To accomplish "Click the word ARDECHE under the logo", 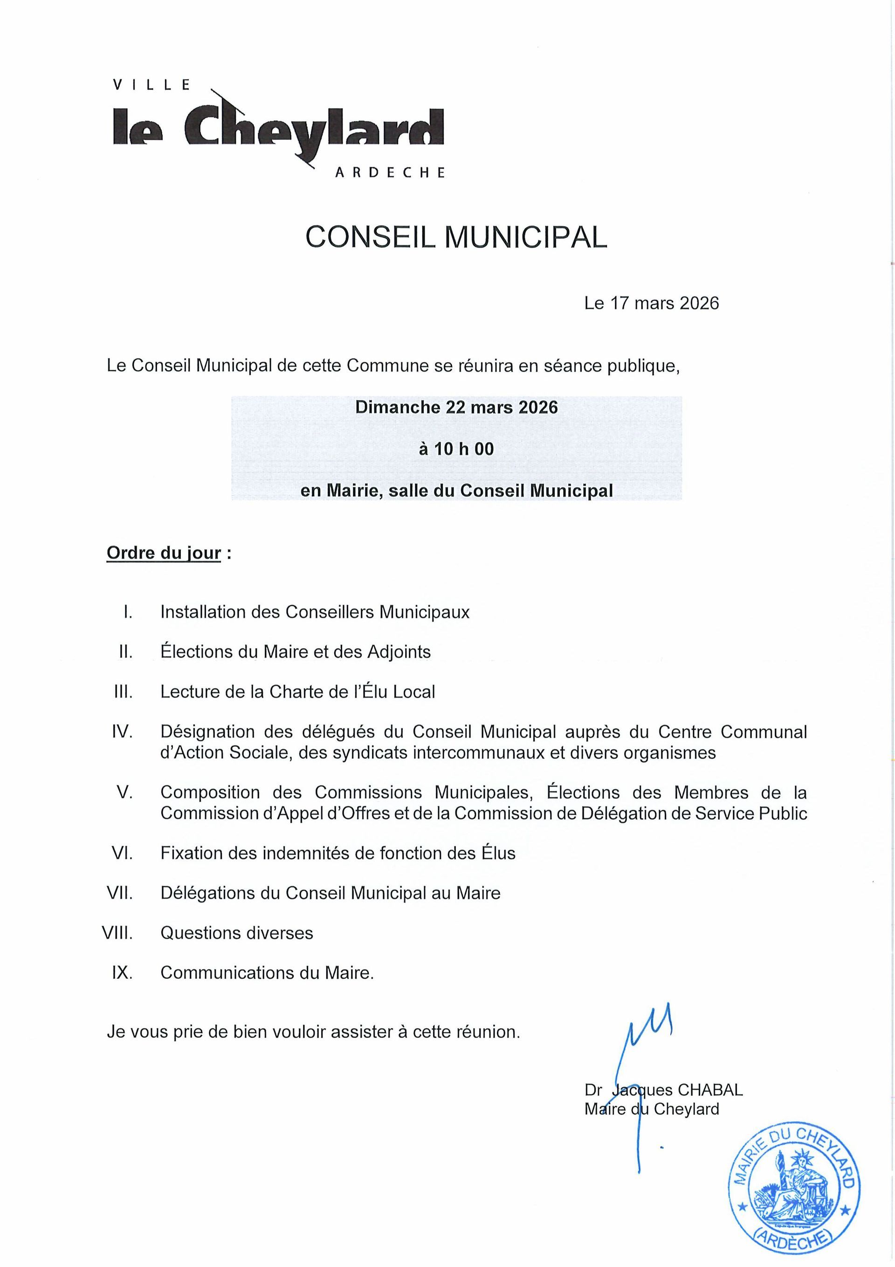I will (390, 173).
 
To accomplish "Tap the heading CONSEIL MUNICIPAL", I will (456, 237).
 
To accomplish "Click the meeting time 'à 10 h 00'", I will (456, 449).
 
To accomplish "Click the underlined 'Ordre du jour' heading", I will (164, 553).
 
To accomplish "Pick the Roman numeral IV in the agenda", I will (122, 732).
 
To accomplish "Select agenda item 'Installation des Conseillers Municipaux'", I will (315, 612).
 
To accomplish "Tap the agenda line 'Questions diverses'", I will (236, 933).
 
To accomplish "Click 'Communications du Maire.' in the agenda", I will (267, 972).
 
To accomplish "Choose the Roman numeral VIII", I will (117, 933).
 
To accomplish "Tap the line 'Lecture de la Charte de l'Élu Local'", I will (297, 692).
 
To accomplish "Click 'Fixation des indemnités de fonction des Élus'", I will (337, 853).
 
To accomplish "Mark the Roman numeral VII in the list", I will (120, 893).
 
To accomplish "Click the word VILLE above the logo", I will (152, 84).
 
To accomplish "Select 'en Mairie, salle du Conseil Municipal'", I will (456, 490).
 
